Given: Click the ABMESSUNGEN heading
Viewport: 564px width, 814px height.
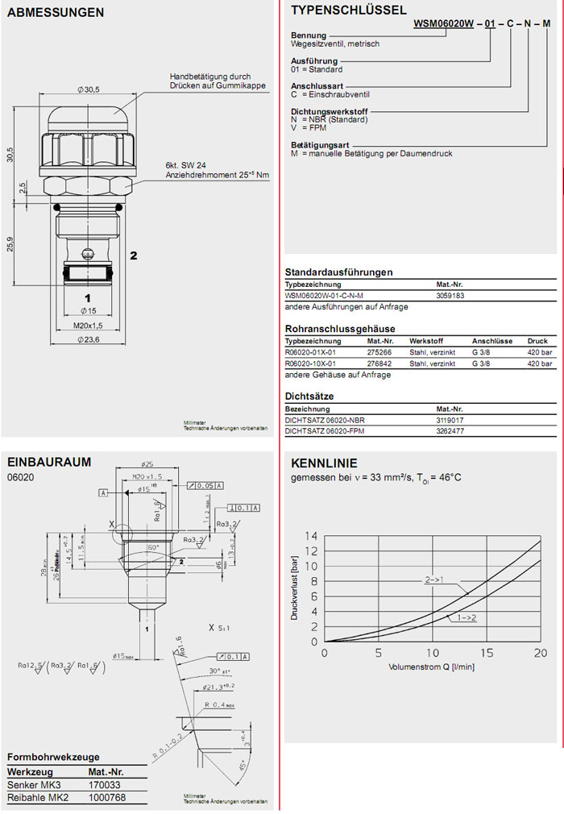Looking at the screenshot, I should [56, 13].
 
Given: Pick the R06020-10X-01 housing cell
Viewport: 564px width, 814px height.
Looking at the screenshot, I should [310, 364].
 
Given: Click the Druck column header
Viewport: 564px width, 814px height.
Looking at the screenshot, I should [537, 341].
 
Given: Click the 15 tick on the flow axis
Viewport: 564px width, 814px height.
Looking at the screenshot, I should [486, 653].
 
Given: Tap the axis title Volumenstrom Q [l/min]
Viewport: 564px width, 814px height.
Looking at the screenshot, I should [432, 667].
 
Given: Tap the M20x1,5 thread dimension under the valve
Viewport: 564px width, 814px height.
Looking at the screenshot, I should [86, 326].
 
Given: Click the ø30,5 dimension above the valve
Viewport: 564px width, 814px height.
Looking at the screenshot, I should [88, 89].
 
